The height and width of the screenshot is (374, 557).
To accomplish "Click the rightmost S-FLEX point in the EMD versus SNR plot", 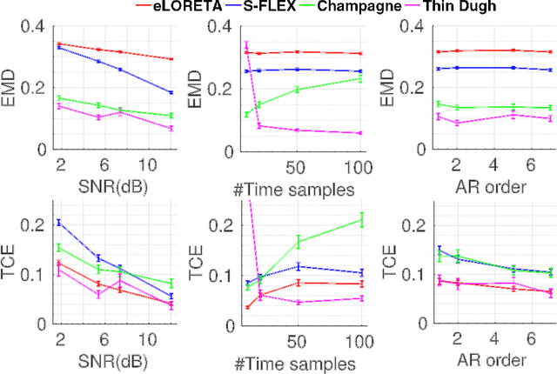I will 171,92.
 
